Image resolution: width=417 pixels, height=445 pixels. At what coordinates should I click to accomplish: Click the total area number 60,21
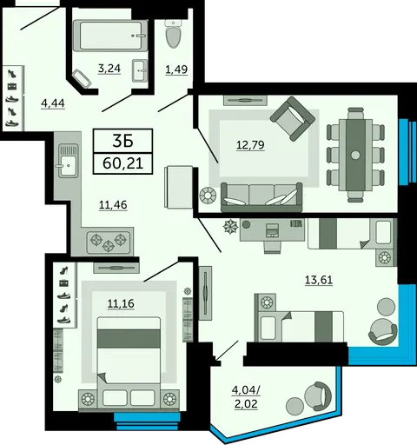coord(123,163)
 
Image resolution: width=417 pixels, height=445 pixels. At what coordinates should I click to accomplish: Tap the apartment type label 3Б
coord(122,141)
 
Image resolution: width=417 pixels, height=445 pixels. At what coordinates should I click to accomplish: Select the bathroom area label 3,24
coord(109,69)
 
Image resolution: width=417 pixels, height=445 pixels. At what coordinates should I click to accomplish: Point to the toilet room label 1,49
coord(176,70)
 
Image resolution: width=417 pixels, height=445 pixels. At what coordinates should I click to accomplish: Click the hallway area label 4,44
coord(53,103)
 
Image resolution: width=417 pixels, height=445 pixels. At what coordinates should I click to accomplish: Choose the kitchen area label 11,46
coord(113,205)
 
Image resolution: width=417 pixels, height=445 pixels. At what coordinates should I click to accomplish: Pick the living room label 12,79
coord(250,144)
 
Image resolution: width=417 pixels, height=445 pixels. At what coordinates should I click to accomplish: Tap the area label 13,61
coord(319,280)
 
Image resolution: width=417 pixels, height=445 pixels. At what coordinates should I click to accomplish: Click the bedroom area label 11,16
coord(121,303)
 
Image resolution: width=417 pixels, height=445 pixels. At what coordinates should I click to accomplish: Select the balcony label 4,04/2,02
coord(246,397)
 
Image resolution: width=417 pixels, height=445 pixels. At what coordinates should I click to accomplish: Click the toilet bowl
coord(173,34)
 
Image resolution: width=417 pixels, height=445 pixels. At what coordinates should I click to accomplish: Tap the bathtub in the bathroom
coord(110,36)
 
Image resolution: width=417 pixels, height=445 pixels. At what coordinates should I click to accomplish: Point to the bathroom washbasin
coord(140,70)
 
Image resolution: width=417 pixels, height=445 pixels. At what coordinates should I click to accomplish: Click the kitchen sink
coord(69,161)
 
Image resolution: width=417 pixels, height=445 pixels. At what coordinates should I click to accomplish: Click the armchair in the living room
coord(293,119)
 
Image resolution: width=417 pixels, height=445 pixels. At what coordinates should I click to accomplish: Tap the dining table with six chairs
coord(355,155)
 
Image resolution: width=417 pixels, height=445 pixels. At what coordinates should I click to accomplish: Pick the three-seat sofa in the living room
coord(261,197)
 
